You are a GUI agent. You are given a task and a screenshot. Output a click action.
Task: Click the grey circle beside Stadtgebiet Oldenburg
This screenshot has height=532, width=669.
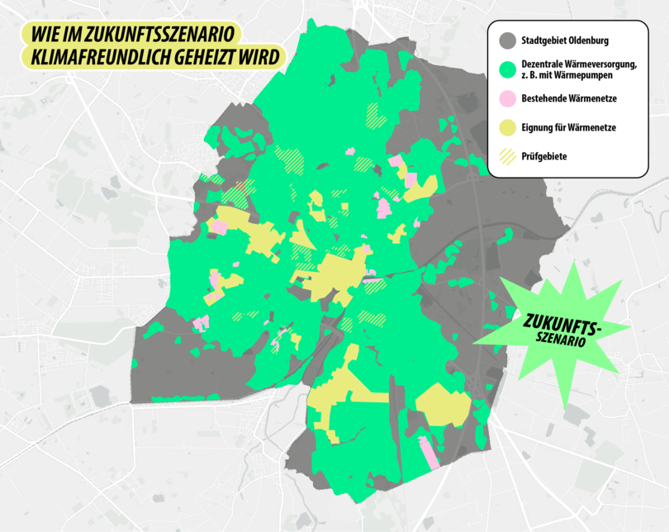(506, 39)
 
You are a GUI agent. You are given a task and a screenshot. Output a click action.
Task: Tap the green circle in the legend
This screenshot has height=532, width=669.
(506, 68)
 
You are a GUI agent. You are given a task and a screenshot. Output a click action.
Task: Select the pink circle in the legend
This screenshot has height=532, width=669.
(506, 98)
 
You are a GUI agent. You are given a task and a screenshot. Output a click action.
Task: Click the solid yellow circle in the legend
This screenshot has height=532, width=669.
(506, 126)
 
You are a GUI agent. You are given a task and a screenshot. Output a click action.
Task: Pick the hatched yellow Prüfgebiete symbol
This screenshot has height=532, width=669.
(506, 155)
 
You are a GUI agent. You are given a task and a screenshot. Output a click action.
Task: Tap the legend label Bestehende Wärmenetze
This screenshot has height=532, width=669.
(569, 98)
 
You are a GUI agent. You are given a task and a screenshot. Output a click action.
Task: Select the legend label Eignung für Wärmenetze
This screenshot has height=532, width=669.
(569, 127)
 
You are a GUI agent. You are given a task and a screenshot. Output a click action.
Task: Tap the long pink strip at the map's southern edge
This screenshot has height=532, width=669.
(429, 454)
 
